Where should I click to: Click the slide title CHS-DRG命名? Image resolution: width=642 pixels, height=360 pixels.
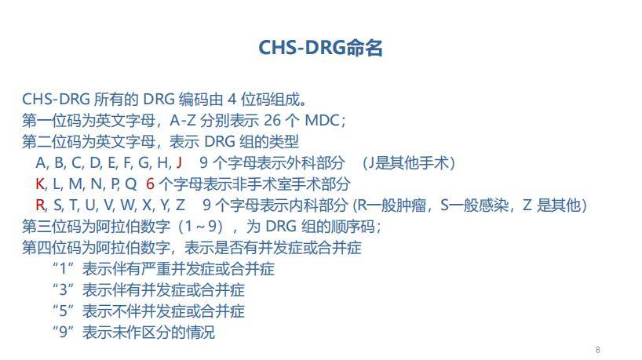click(320, 48)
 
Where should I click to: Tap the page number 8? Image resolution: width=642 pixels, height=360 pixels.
click(598, 349)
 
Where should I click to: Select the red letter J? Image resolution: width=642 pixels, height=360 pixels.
click(179, 163)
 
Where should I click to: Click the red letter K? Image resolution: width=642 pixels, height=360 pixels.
click(40, 184)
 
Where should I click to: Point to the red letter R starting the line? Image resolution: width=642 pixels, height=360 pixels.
click(40, 205)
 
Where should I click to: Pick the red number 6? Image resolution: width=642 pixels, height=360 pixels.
click(150, 184)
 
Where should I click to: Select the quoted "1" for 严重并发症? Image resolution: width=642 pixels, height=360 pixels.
click(64, 269)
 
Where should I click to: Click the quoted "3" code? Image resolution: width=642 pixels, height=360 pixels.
click(64, 290)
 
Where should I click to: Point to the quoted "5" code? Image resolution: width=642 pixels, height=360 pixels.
click(64, 311)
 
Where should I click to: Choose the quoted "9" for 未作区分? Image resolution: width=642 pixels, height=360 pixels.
click(64, 333)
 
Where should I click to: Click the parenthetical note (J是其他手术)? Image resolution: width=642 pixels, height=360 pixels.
click(408, 163)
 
